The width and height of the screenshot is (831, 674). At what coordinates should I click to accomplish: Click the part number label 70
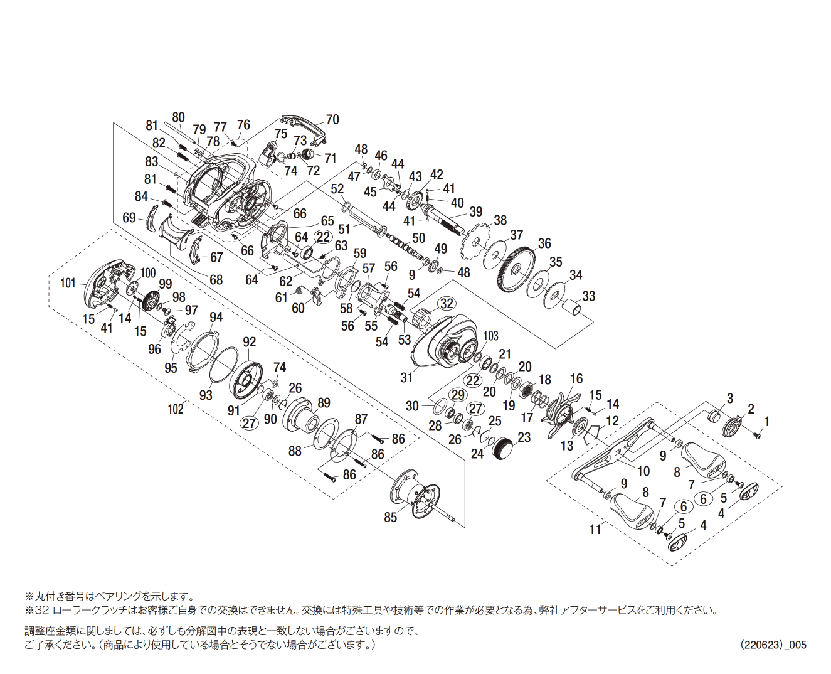(x=332, y=119)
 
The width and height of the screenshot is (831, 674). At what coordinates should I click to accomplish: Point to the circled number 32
(x=446, y=304)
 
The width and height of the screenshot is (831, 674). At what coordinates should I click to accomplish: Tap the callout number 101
(x=68, y=283)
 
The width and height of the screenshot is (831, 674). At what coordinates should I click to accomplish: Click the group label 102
(x=176, y=409)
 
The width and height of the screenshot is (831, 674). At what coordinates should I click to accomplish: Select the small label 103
(x=490, y=336)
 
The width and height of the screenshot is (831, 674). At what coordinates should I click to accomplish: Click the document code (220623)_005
(x=773, y=645)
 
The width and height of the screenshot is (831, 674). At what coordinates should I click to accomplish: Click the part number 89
(x=324, y=403)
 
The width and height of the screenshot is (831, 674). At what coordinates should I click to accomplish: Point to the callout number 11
(x=595, y=530)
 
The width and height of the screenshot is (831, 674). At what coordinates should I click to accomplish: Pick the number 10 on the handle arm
(x=643, y=471)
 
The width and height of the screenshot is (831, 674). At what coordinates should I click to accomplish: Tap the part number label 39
(x=476, y=211)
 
